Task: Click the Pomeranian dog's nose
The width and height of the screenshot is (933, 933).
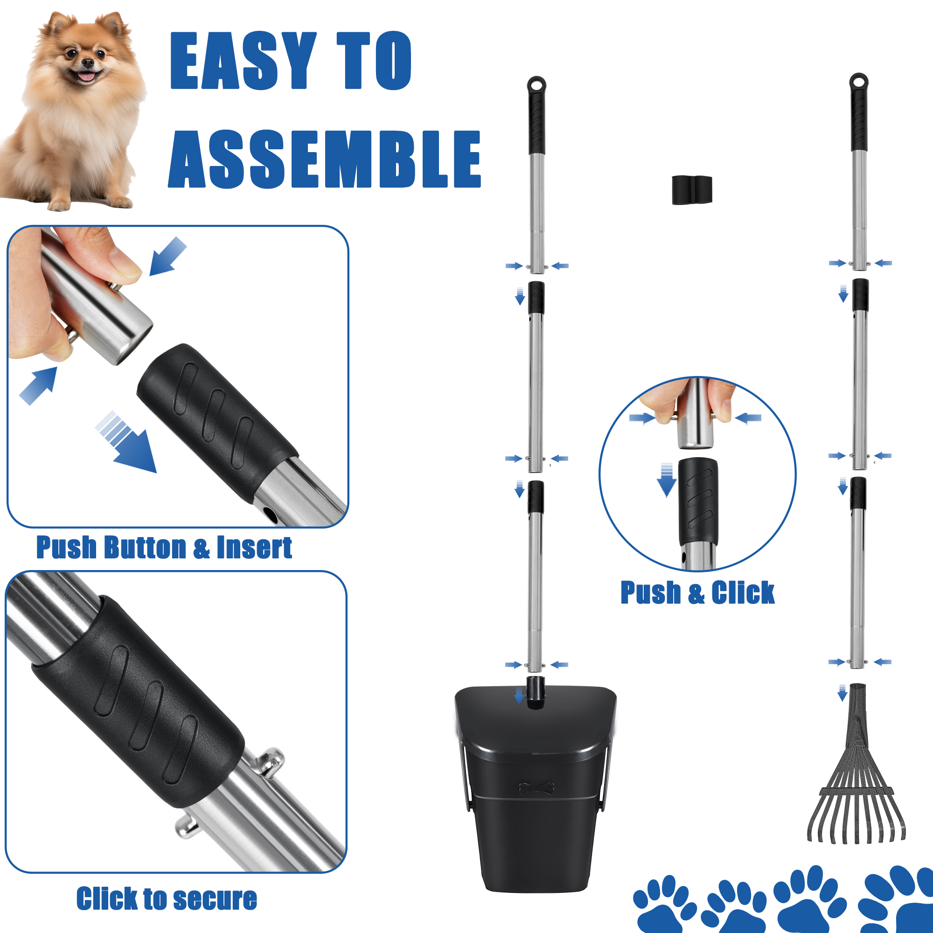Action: [87, 63]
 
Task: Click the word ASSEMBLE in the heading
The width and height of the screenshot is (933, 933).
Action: [325, 160]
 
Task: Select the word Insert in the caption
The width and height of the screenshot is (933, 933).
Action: [255, 548]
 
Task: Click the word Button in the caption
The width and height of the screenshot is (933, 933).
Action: [146, 548]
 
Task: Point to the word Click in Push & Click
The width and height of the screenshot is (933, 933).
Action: [743, 592]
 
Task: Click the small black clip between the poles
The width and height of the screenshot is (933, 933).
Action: [691, 190]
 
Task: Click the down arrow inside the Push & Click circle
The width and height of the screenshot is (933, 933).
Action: [667, 480]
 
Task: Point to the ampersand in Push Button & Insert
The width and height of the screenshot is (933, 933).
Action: [202, 549]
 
